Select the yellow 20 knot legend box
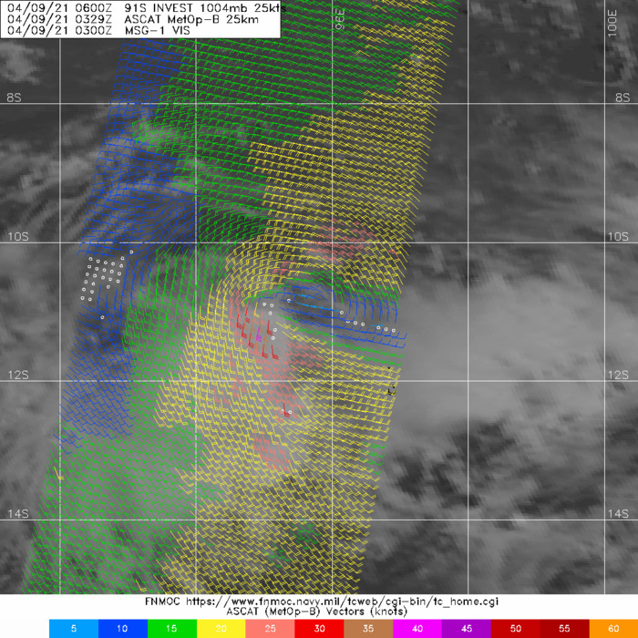click(x=221, y=629)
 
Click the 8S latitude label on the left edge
click(x=13, y=98)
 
